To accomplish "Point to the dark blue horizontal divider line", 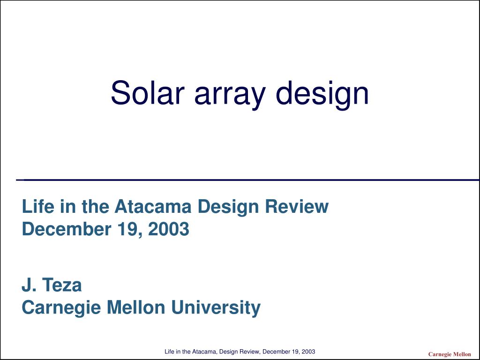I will point(248,180).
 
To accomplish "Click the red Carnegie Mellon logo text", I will point(449,354).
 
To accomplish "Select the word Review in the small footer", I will point(250,352).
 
